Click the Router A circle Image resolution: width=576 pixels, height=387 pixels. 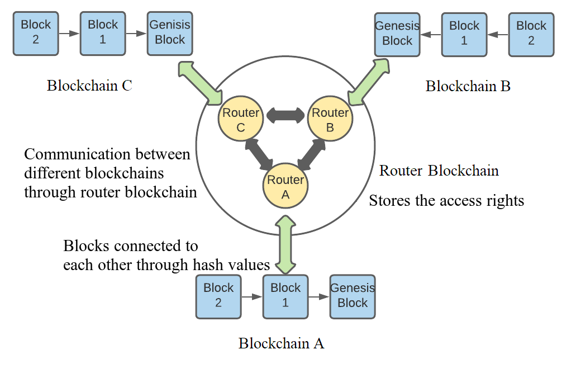(x=285, y=186)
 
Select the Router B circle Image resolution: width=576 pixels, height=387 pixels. (x=330, y=120)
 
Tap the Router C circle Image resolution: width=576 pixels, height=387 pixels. (x=241, y=120)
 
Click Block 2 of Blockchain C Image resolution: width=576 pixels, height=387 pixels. (x=36, y=33)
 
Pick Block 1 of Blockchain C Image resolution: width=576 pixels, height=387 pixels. (x=103, y=33)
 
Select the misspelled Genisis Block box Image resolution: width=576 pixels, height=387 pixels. (x=170, y=33)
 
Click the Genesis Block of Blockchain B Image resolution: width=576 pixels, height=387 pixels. (x=397, y=34)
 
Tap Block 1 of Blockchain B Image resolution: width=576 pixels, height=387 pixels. (x=464, y=34)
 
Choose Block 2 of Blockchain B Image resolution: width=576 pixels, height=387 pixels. (x=531, y=34)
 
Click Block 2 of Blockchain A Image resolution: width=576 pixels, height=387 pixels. (x=218, y=296)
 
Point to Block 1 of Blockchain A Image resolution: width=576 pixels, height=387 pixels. (x=285, y=296)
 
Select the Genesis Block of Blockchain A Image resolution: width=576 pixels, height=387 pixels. (x=353, y=296)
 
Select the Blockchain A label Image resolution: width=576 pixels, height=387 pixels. (x=281, y=343)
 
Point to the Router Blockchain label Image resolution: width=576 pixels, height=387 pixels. (x=439, y=171)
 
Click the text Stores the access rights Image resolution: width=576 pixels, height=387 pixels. (x=446, y=200)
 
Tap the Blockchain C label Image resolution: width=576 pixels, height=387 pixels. (x=89, y=86)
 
